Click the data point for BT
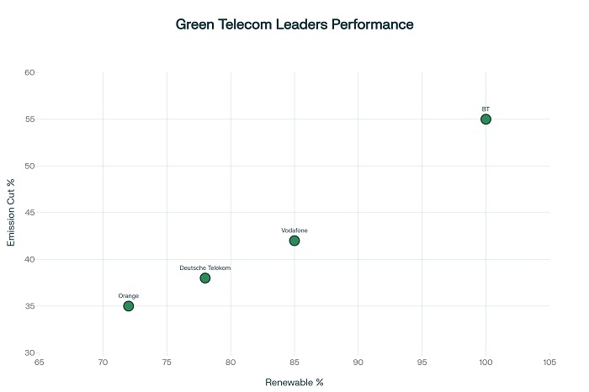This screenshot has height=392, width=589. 486,119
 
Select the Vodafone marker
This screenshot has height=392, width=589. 294,241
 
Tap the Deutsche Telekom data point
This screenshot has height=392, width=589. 205,278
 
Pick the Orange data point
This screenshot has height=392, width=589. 129,305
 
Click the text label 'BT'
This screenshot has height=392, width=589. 486,109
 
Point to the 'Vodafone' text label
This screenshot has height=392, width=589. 294,230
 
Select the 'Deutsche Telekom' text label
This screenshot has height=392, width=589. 205,268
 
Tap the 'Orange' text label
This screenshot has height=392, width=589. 129,296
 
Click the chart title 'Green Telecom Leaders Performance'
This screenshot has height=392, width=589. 294,24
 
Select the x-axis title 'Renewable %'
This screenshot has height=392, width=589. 294,382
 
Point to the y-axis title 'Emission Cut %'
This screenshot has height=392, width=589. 12,212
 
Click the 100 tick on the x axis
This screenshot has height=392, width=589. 486,363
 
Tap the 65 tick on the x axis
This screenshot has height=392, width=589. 39,363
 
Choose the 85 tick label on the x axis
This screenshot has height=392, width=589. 294,363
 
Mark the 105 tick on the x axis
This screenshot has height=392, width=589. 549,363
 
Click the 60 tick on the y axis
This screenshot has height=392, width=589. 29,72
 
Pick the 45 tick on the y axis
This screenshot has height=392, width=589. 29,212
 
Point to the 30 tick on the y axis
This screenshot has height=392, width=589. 29,352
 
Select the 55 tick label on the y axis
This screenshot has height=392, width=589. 29,119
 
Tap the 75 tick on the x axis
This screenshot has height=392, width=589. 167,363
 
